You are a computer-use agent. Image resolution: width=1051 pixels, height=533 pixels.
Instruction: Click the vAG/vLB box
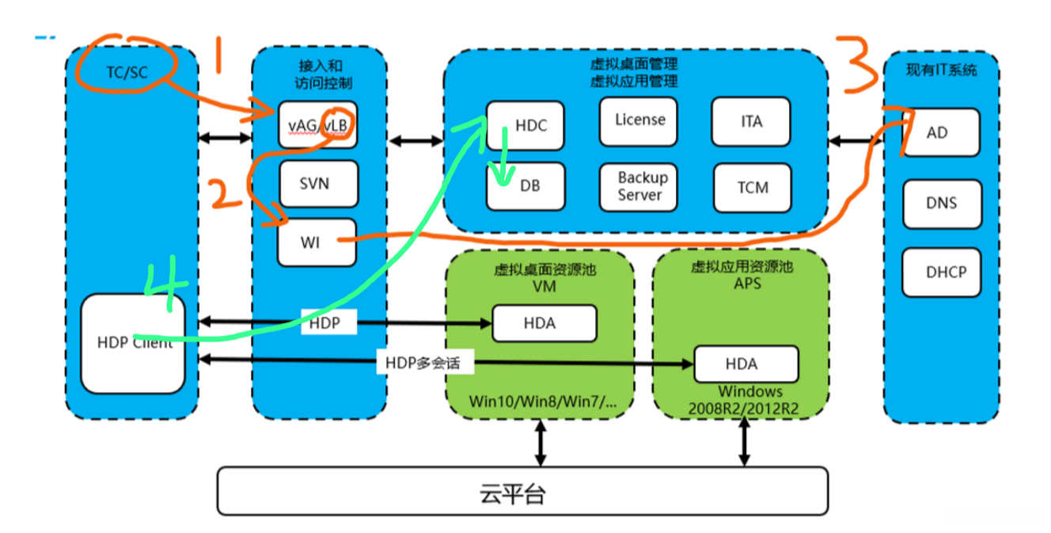(x=317, y=124)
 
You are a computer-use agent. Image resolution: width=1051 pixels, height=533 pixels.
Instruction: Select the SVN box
(x=317, y=184)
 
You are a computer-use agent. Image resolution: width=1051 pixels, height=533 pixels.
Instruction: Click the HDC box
(x=525, y=125)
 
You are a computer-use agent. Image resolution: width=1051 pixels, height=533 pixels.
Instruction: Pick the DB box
(x=525, y=186)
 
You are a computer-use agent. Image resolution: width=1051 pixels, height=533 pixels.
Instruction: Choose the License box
(x=639, y=120)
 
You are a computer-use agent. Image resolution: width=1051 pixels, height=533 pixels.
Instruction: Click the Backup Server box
(x=639, y=186)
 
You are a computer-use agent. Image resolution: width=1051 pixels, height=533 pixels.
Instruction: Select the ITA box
(x=751, y=121)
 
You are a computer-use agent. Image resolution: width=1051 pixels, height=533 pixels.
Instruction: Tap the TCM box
(x=751, y=187)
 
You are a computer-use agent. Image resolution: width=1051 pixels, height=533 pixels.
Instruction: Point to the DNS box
(x=940, y=203)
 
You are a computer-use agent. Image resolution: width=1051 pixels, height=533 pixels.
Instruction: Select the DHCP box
(x=940, y=272)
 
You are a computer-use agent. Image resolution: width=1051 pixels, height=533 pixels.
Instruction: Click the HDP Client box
(x=132, y=343)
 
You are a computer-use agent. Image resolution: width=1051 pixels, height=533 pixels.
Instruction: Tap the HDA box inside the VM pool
(x=544, y=322)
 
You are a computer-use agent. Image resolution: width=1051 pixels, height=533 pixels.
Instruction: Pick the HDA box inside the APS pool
(x=746, y=364)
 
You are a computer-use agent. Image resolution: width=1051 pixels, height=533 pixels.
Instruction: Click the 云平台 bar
(x=522, y=492)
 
